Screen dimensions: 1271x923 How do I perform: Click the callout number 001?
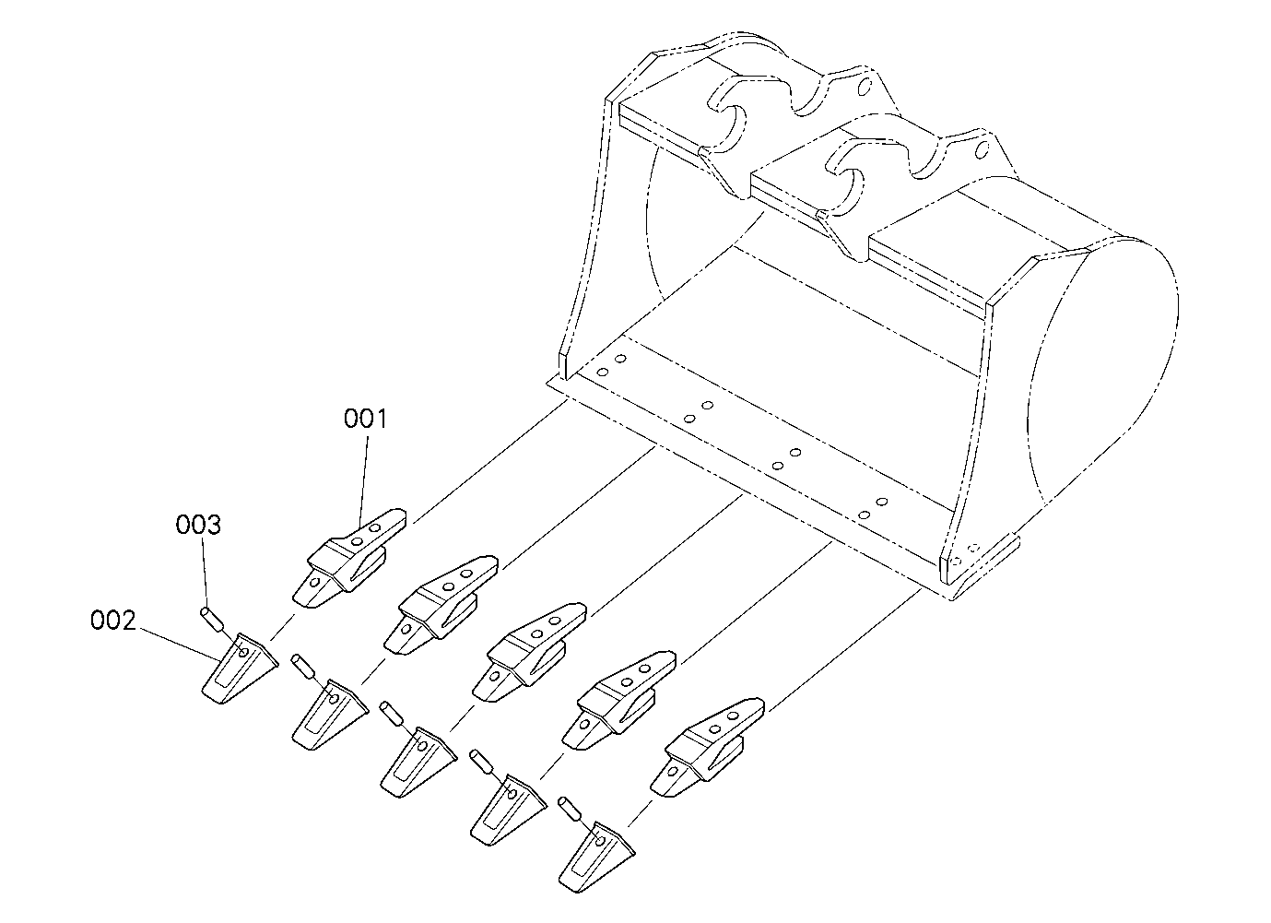tap(365, 419)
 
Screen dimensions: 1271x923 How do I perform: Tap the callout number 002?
tap(113, 621)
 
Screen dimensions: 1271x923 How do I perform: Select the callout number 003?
tap(198, 525)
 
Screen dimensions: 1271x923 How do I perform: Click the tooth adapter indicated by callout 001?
tap(349, 559)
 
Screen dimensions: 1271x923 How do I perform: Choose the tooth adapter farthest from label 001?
tap(708, 747)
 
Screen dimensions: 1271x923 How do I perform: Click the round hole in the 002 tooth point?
tap(244, 652)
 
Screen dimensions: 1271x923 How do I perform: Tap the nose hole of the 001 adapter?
tap(315, 582)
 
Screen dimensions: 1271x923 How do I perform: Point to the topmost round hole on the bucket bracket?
tap(865, 88)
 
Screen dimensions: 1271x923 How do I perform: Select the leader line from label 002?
tap(180, 645)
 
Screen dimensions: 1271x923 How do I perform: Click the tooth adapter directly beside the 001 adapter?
tap(441, 606)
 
